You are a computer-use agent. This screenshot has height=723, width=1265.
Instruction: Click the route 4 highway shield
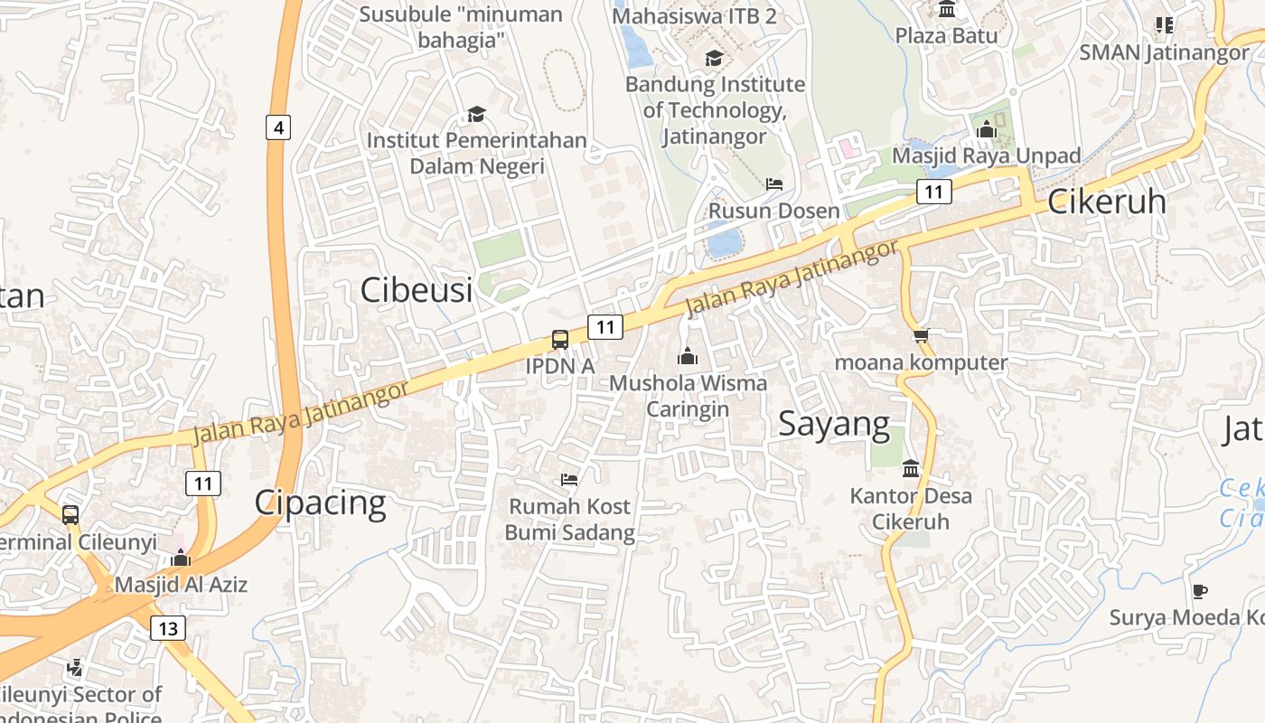(278, 127)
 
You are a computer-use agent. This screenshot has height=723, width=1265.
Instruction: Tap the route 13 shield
(168, 627)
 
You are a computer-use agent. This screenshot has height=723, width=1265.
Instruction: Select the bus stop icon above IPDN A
(560, 340)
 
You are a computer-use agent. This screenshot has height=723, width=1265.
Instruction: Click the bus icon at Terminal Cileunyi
(70, 515)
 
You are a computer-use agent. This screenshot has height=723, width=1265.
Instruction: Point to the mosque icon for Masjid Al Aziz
(181, 558)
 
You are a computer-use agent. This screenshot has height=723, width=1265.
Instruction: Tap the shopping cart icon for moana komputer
(921, 336)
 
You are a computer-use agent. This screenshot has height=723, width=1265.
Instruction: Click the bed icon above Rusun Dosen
(774, 184)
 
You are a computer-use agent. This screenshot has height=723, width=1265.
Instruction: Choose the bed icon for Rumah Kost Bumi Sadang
(569, 479)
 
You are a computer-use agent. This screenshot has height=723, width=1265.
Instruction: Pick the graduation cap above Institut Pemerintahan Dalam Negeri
(476, 114)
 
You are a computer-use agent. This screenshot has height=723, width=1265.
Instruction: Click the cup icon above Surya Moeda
(1199, 591)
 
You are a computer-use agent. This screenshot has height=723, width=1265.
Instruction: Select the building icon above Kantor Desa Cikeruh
(911, 468)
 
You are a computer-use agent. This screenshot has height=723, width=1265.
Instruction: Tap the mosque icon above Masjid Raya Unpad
(986, 129)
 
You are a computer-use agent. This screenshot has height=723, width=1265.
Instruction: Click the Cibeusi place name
(417, 290)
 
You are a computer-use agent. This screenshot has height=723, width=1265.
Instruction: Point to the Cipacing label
(320, 502)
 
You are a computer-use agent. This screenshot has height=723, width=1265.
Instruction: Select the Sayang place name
(834, 423)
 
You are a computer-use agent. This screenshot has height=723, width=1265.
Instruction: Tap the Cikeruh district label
(1107, 202)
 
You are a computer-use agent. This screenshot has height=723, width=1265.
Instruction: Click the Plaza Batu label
(947, 35)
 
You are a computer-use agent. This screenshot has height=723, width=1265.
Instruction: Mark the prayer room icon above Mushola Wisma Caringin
(688, 356)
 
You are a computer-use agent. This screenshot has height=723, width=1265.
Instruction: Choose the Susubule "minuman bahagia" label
(461, 27)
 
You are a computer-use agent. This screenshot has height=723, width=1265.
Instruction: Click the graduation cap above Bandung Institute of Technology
(714, 58)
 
